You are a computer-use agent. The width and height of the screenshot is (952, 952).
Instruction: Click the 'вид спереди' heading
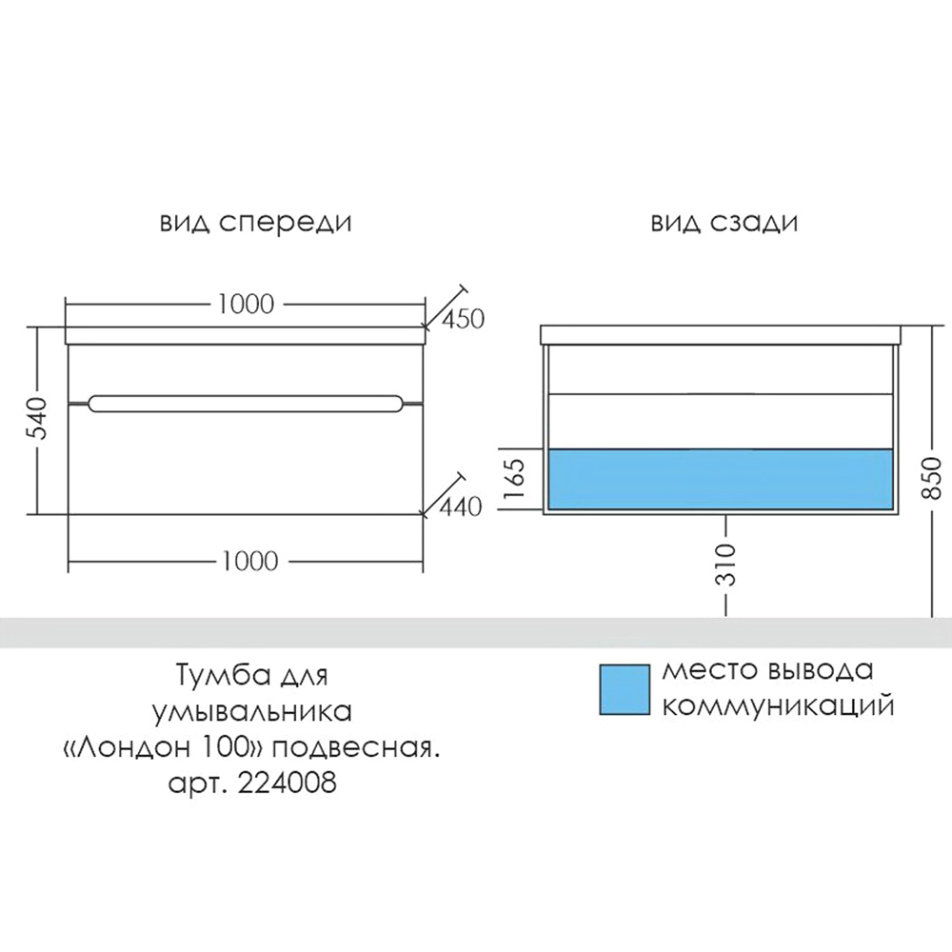click(x=255, y=224)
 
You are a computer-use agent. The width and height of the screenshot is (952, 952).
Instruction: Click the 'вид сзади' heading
click(x=724, y=224)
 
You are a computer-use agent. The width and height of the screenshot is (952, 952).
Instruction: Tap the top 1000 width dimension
click(x=246, y=304)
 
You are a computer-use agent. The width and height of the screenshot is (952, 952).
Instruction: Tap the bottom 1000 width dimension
click(x=249, y=561)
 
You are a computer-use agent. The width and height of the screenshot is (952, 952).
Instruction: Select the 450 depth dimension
click(x=463, y=319)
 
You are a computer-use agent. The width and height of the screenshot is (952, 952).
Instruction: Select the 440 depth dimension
click(x=460, y=506)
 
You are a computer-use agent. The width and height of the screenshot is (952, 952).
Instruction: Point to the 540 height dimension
click(x=37, y=419)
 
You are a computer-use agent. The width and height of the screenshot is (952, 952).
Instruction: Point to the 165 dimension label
click(x=514, y=478)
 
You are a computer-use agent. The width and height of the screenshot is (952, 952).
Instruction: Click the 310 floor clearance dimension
click(x=726, y=565)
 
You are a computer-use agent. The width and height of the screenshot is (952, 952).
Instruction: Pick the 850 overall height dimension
click(x=931, y=479)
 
